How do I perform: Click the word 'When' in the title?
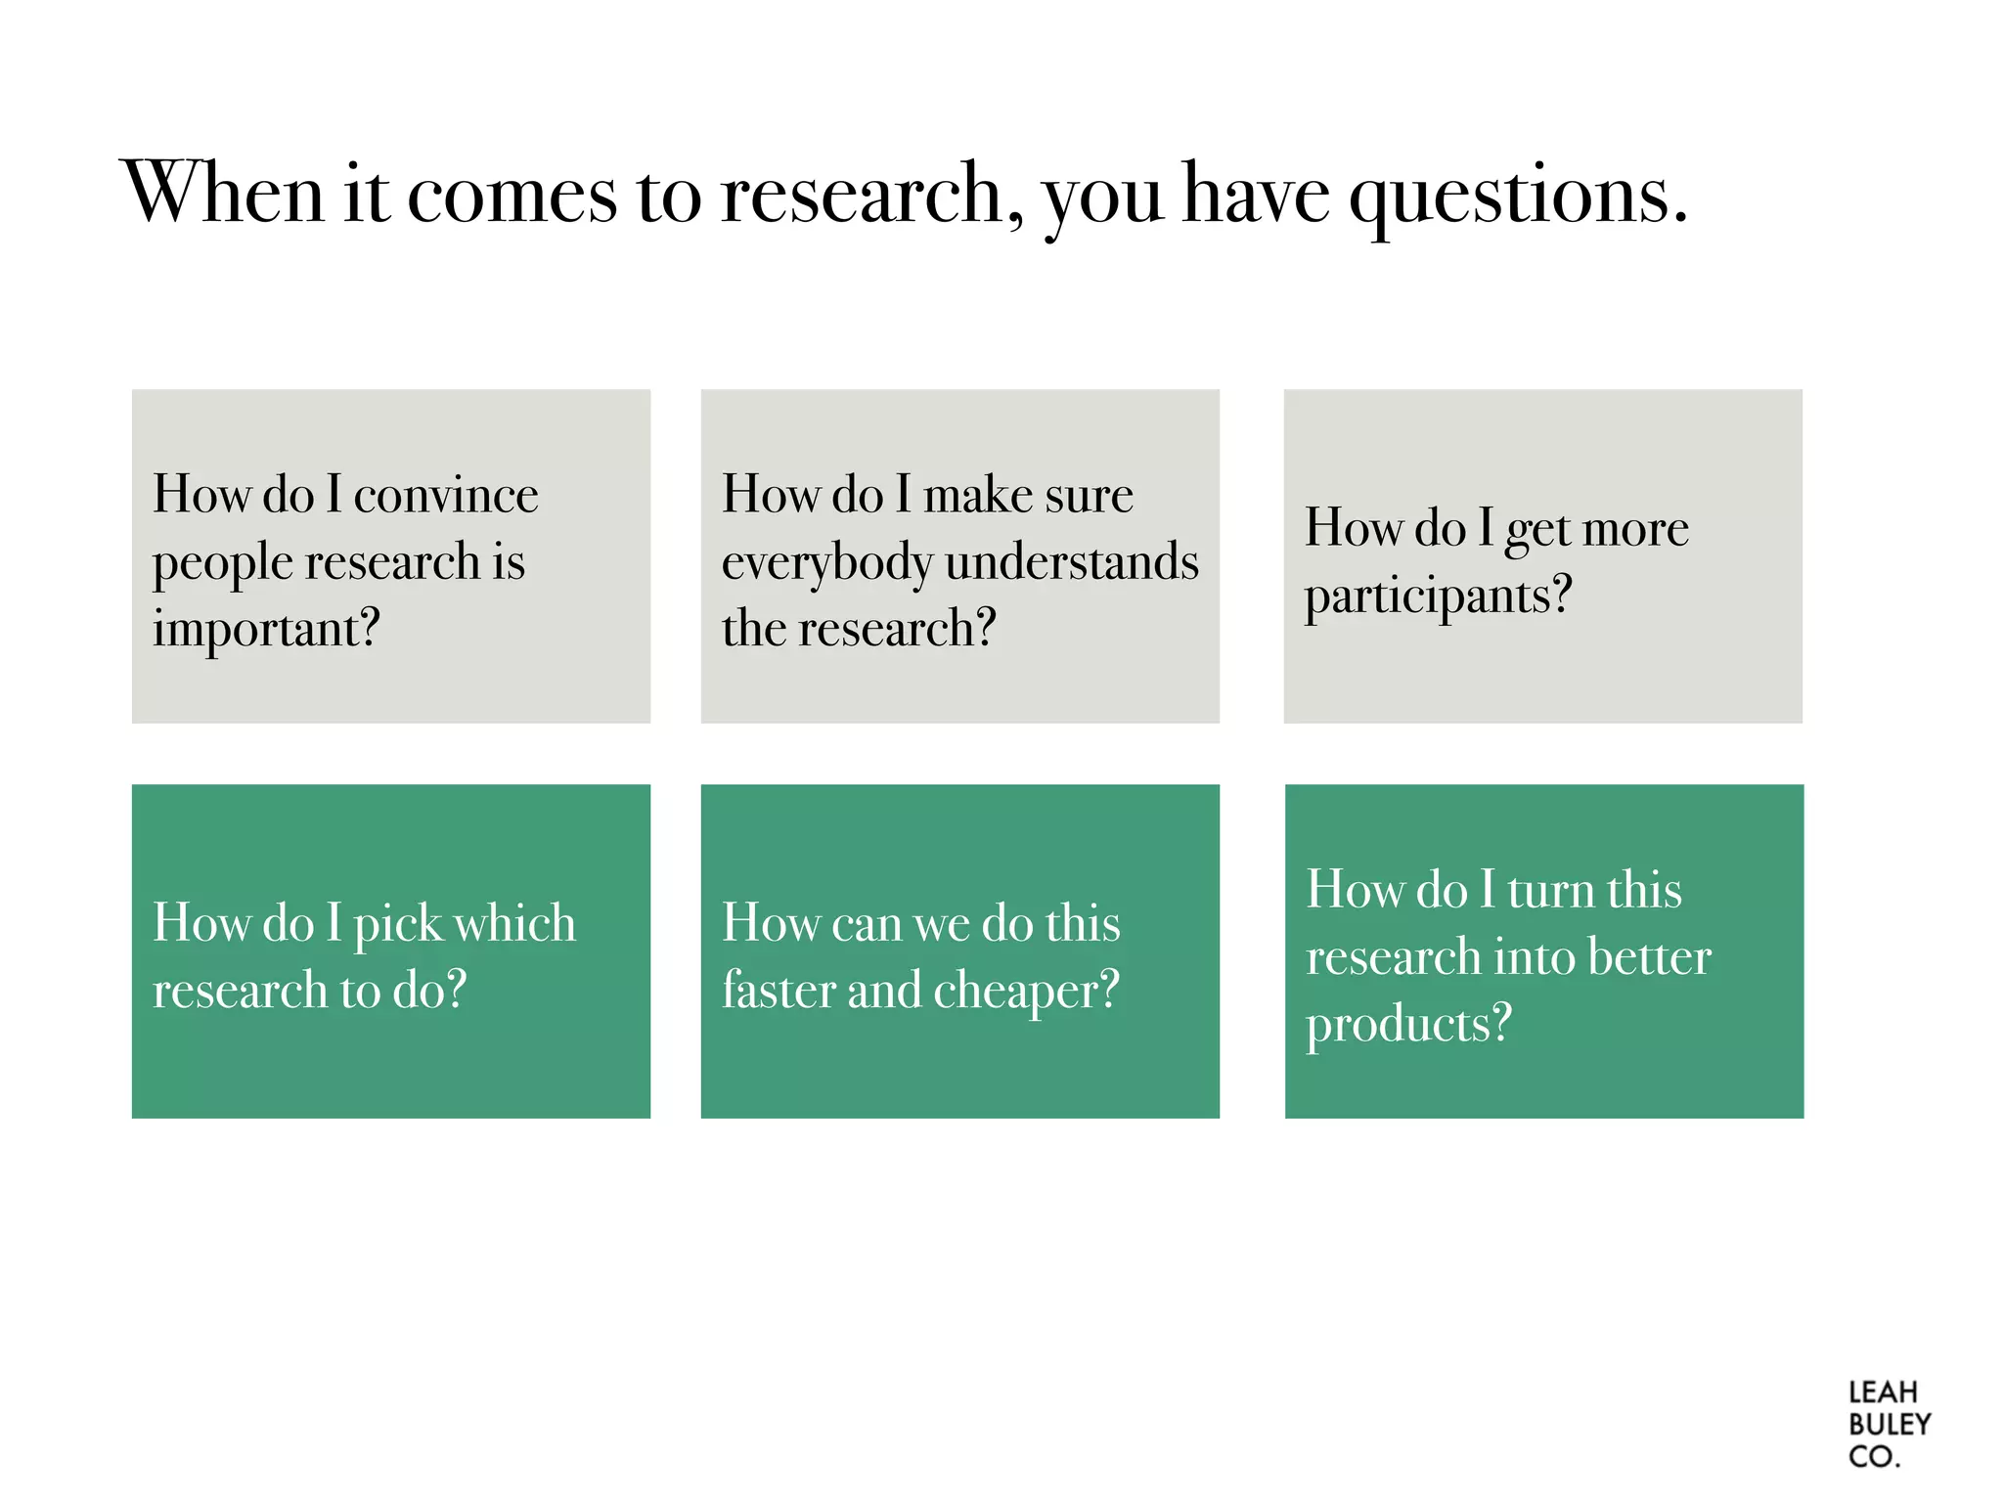click(222, 193)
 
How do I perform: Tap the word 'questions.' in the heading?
click(1518, 196)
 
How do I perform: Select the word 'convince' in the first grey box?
click(445, 496)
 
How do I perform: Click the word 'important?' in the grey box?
click(266, 630)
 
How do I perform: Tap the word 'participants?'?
click(1438, 596)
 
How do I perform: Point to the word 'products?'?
click(1408, 1026)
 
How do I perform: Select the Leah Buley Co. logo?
click(1888, 1424)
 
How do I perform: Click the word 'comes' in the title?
click(512, 195)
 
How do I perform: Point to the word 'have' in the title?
click(1256, 194)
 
